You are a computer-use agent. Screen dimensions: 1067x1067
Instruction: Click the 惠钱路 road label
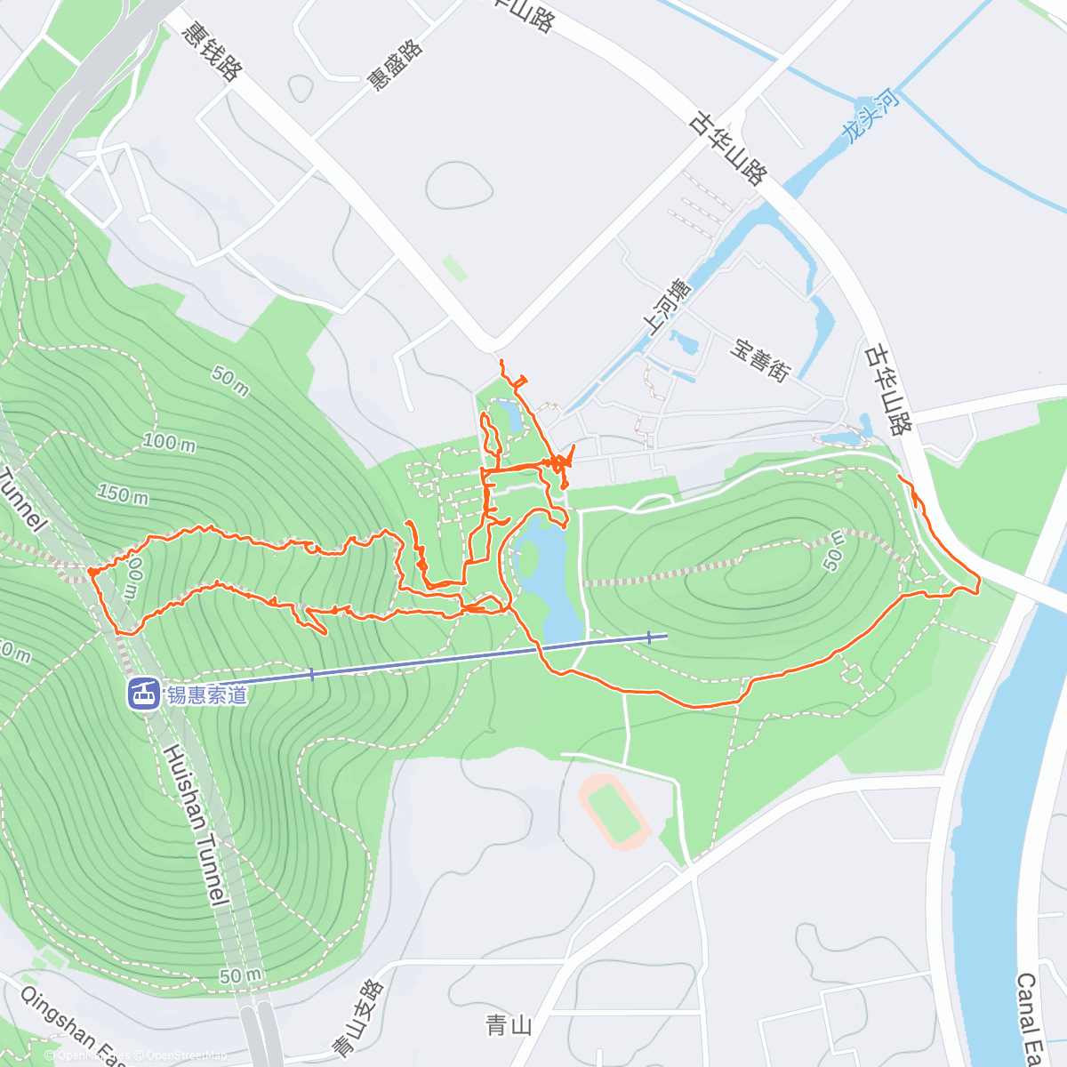coord(211,51)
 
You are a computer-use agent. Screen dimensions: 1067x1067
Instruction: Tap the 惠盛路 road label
coord(396,65)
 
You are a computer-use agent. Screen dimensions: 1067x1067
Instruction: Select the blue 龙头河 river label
coord(870,116)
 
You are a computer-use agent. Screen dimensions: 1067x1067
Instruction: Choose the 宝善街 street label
coord(760,359)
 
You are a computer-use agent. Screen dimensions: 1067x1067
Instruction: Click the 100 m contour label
coord(170,441)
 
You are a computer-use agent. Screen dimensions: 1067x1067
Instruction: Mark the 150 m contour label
coord(123,493)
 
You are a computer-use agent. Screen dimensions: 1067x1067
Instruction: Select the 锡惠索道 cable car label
coord(207,694)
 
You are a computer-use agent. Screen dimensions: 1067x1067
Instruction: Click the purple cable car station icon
coord(143,693)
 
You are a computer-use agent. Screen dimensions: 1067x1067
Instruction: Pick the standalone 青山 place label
coord(509,1026)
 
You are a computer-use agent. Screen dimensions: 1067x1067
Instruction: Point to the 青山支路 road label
coord(357,1018)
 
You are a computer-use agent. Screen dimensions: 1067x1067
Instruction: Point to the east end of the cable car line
coord(665,636)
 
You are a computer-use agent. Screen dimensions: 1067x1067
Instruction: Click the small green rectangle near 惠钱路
coord(454,268)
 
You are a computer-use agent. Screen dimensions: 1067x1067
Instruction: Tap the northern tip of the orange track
coord(502,360)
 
